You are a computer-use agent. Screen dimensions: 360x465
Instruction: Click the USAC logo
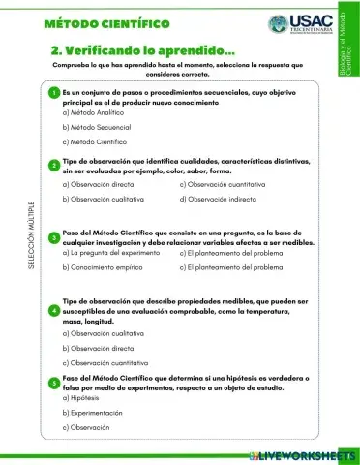pos(299,24)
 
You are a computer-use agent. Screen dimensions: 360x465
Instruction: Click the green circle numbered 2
pos(54,165)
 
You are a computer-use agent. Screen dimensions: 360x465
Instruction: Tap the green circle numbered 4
pos(54,310)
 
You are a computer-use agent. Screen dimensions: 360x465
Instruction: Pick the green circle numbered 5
pos(54,383)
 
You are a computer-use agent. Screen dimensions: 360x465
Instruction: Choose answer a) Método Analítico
pos(96,111)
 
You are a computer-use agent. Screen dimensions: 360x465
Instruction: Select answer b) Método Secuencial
pos(100,127)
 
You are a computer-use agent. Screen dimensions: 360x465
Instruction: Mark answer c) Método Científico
pos(98,142)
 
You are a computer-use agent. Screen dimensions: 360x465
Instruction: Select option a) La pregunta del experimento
pos(110,251)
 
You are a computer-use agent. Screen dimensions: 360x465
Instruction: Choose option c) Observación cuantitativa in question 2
pos(225,182)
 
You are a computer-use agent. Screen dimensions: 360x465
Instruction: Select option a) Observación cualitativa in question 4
pos(104,331)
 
